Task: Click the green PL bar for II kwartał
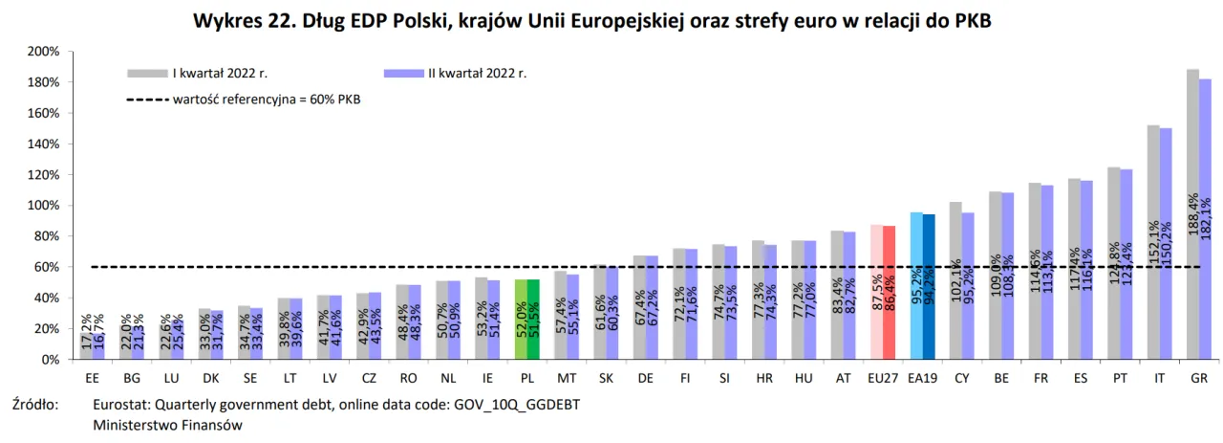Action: [x=534, y=320]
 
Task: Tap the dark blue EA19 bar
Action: [x=929, y=287]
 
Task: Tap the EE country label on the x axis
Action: [x=92, y=378]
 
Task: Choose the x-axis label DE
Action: [x=646, y=378]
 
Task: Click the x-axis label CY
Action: [x=962, y=378]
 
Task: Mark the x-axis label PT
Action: [x=1120, y=378]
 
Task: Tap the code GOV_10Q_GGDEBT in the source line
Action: [x=514, y=405]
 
